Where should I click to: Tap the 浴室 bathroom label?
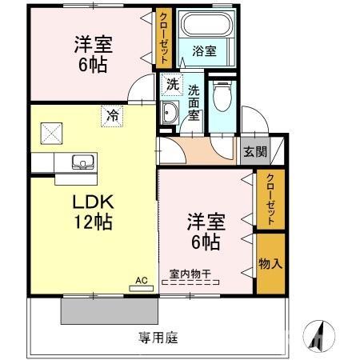coord(204,51)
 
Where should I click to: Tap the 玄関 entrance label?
coord(255,150)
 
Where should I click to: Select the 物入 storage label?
coord(270,263)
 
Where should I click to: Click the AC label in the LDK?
coord(141,281)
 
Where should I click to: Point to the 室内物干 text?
coord(191,274)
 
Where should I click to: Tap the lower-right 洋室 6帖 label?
coord(204,228)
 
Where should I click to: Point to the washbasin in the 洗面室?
coord(170,111)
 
